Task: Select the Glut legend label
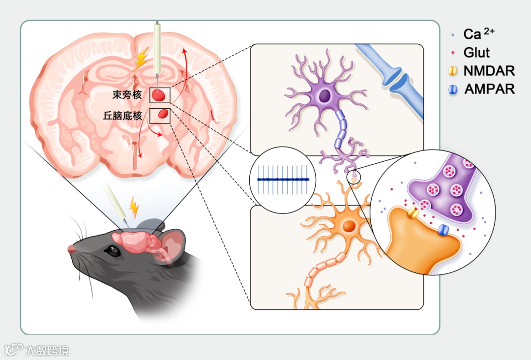(x=476, y=52)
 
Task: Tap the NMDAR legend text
(x=489, y=71)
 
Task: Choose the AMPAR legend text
(x=489, y=89)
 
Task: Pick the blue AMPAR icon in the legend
(x=453, y=90)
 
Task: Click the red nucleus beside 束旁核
(x=158, y=95)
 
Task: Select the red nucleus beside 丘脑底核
(x=163, y=116)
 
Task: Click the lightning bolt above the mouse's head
(x=133, y=208)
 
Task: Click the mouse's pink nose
(x=72, y=249)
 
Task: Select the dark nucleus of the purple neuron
(x=324, y=95)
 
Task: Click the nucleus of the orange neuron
(x=349, y=226)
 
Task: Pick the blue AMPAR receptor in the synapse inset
(x=443, y=230)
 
